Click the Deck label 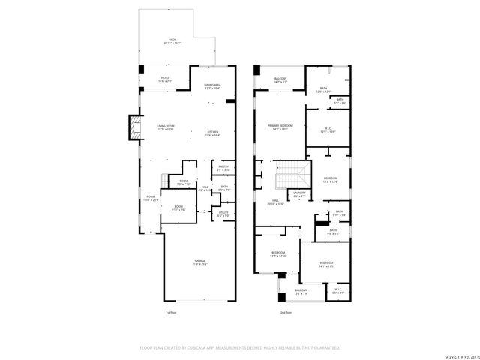[x=172, y=41]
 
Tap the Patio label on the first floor [x=164, y=78]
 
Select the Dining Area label [x=212, y=86]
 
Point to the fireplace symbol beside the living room [x=135, y=127]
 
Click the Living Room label [x=165, y=127]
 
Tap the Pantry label [x=223, y=169]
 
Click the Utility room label [x=223, y=214]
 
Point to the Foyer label [x=151, y=199]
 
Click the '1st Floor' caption [x=172, y=312]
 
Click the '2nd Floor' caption [x=286, y=312]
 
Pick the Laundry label [x=300, y=194]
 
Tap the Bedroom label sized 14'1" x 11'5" [x=326, y=264]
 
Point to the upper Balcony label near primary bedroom [x=280, y=79]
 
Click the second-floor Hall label [x=276, y=202]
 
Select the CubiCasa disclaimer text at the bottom [x=240, y=348]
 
